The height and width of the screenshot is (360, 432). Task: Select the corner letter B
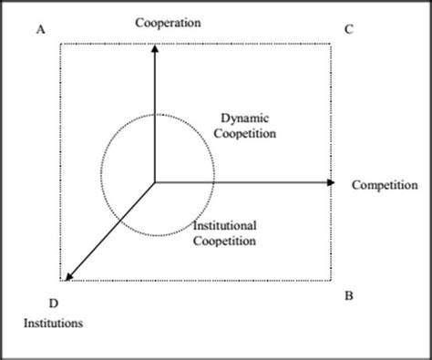[x=350, y=295]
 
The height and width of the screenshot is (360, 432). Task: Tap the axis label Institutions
[x=55, y=322]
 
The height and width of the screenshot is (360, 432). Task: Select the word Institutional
[x=226, y=225]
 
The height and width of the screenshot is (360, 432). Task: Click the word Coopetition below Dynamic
[x=249, y=133]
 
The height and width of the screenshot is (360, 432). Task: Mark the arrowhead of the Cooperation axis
[x=155, y=46]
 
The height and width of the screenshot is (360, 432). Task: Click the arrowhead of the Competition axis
[x=333, y=182]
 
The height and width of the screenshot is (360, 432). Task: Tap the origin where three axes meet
[x=155, y=182]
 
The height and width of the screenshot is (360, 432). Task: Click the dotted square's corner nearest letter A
[x=61, y=42]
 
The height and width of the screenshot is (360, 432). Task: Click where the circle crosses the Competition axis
[x=216, y=182]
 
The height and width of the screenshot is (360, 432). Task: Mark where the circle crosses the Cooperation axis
[x=155, y=115]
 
